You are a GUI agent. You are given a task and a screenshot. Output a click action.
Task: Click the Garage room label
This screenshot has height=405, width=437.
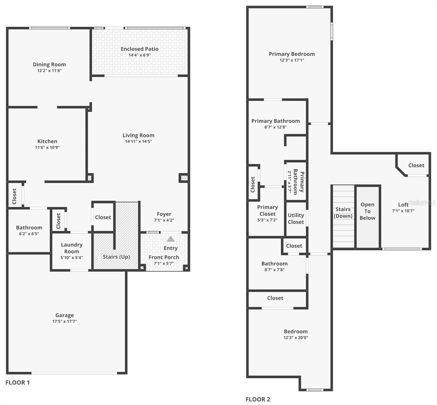(64, 315)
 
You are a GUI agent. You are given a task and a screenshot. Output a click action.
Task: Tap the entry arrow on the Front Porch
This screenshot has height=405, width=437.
(171, 239)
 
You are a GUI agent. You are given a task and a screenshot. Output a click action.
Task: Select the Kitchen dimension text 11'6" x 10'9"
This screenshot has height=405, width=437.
(48, 147)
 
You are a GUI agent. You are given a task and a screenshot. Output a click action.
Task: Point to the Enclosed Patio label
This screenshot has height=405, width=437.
(140, 49)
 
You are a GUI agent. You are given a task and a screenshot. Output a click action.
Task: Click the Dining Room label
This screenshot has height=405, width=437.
(49, 64)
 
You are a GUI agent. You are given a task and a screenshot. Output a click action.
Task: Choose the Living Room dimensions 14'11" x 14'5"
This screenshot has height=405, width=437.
(138, 141)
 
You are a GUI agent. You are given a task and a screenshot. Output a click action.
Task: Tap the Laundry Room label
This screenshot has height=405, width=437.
(71, 248)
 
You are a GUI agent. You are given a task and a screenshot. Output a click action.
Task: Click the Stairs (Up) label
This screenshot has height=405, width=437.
(116, 257)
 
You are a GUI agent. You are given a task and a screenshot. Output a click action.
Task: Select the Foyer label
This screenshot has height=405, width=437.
(164, 214)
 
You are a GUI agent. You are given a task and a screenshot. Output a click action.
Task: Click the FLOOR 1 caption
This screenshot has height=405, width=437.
(18, 382)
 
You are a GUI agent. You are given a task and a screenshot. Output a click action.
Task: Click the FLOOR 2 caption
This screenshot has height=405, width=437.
(258, 400)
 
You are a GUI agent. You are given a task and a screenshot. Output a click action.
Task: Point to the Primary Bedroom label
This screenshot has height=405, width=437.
(292, 54)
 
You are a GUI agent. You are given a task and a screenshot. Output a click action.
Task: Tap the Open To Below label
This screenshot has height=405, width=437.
(367, 211)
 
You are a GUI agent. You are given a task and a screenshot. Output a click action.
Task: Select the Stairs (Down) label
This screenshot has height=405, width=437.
(343, 213)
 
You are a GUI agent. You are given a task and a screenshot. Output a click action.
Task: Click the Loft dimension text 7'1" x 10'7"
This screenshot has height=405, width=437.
(403, 211)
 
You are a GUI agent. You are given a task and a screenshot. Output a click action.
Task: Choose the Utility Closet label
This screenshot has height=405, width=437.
(296, 219)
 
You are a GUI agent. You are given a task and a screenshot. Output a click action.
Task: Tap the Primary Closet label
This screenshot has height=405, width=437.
(267, 211)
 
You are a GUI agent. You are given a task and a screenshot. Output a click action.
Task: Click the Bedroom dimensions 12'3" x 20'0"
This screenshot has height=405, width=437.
(296, 337)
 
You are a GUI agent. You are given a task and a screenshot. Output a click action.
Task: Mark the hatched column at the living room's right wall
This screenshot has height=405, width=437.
(184, 178)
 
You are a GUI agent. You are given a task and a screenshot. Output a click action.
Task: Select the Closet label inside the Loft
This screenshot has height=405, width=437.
(416, 165)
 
